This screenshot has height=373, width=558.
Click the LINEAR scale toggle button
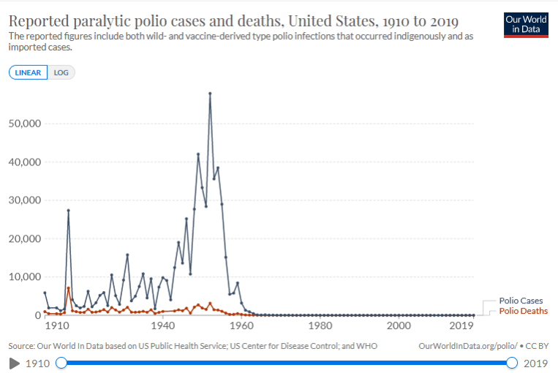[29, 72]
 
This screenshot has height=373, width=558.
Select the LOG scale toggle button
[61, 72]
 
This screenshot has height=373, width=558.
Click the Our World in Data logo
[526, 23]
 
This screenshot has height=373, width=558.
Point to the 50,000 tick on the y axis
[22, 124]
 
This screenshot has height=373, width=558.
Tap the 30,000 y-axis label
[22, 200]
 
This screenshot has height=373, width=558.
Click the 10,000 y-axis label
[22, 277]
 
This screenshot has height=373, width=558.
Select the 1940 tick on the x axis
[162, 325]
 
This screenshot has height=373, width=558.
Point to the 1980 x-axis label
[320, 325]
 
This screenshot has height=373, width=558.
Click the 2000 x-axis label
[399, 325]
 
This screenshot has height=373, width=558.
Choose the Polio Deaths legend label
[523, 311]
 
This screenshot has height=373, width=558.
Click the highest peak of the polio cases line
[210, 93]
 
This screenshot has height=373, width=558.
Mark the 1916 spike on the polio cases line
[68, 210]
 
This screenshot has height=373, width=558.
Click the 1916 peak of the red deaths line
[68, 287]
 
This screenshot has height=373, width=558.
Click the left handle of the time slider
[61, 363]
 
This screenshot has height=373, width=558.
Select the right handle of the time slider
[512, 363]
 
